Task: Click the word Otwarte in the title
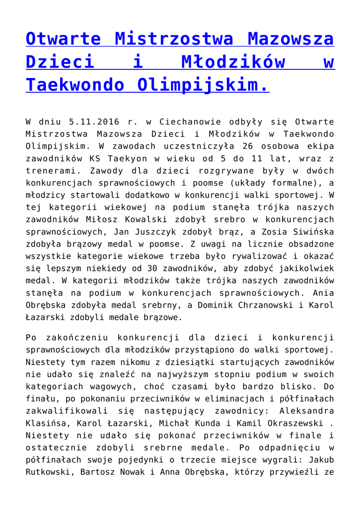(64, 38)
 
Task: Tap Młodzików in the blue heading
(233, 62)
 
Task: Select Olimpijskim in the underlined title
(204, 85)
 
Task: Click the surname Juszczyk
(155, 231)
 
